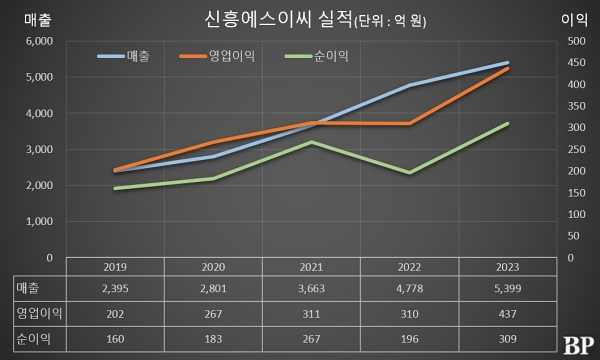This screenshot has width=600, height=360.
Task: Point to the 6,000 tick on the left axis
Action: pyautogui.click(x=37, y=41)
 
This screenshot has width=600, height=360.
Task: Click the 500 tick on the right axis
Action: pyautogui.click(x=576, y=41)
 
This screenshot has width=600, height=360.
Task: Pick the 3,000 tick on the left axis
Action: pyautogui.click(x=37, y=149)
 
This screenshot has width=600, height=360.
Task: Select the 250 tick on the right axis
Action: pyautogui.click(x=576, y=149)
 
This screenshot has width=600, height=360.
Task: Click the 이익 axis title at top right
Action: pyautogui.click(x=574, y=18)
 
